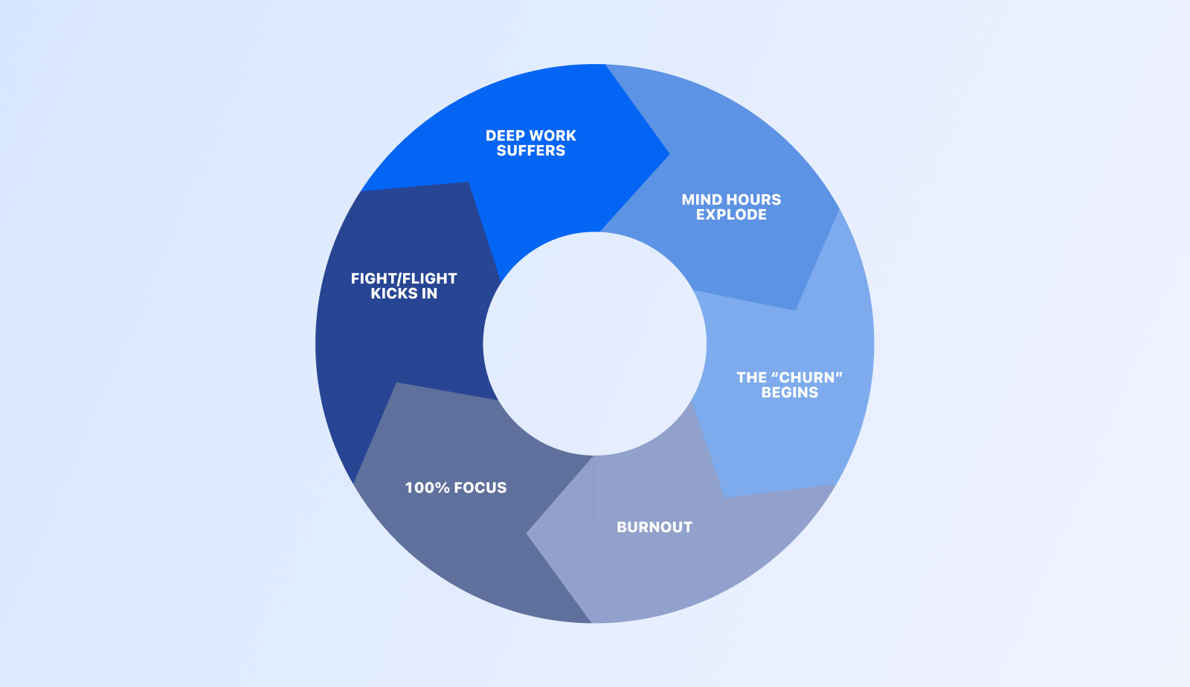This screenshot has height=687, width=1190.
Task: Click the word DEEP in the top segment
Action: click(503, 135)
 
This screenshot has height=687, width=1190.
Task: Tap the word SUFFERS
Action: click(531, 150)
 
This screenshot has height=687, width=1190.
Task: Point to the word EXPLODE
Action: click(732, 214)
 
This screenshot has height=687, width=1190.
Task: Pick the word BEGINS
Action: click(790, 392)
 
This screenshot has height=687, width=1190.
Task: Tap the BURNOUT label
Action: click(654, 527)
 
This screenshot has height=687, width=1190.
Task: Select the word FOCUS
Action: click(481, 488)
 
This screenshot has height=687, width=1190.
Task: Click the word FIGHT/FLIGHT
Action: click(404, 278)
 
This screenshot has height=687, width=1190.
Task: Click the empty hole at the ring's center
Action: click(594, 344)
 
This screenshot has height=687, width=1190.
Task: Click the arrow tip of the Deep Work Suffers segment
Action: click(669, 155)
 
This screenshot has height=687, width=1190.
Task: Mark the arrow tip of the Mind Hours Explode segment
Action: click(795, 310)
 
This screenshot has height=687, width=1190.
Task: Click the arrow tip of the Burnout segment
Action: click(527, 533)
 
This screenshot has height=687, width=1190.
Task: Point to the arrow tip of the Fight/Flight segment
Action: click(469, 182)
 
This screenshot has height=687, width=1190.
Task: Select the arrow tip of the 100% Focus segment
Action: click(396, 383)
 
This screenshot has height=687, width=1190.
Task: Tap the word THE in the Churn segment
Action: click(750, 377)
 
